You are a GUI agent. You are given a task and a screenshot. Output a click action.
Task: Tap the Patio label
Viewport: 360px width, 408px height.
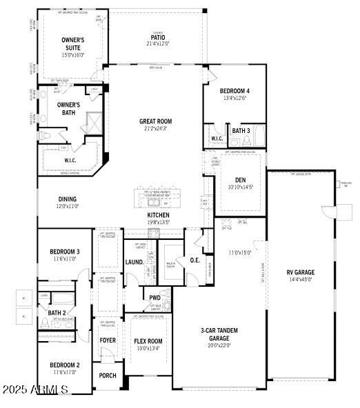158,38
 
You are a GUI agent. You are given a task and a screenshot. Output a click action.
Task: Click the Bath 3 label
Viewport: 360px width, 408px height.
241,130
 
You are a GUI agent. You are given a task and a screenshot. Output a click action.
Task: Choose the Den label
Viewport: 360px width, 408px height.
241,181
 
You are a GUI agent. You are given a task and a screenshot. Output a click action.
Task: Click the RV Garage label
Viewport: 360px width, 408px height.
300,272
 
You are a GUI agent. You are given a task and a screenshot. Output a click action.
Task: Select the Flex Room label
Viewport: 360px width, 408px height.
148,341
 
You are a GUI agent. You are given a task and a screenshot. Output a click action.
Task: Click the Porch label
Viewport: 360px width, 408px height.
108,376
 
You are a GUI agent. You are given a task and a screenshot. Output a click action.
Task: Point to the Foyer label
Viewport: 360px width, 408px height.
108,340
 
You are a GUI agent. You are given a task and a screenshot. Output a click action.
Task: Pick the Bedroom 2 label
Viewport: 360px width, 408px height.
64,365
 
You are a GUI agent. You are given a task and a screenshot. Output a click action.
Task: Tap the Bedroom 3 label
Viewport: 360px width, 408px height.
64,252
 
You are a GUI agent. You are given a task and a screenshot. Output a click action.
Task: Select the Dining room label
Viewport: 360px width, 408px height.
67,199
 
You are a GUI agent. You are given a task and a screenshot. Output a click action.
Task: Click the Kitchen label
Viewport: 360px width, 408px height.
158,215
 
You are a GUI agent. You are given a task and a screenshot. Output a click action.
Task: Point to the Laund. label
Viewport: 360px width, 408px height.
134,262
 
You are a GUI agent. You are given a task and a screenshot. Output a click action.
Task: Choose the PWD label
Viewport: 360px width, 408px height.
154,298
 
